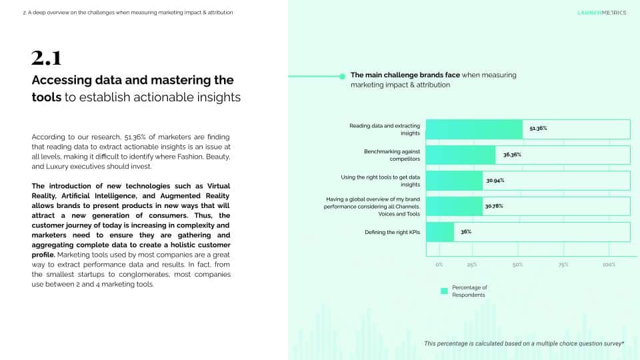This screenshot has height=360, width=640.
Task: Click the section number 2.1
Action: tap(46, 59)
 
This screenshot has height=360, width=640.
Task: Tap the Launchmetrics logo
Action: tap(601, 13)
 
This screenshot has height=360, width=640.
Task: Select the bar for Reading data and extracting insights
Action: tap(474, 129)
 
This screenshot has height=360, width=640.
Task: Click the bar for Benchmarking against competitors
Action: tap(461, 155)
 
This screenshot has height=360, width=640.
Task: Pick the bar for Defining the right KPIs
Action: tap(440, 232)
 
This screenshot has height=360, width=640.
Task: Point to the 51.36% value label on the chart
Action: tap(538, 128)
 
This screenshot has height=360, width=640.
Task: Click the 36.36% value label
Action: tap(512, 155)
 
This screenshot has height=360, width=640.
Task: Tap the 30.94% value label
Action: tap(495, 181)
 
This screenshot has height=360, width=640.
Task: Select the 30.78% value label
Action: tap(494, 206)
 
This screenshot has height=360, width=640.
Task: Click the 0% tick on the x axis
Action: tap(439, 265)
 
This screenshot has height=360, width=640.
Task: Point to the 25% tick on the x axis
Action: tap(472, 265)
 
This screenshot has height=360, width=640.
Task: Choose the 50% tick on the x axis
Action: tap(517, 265)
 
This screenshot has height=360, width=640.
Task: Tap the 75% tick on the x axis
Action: tap(563, 265)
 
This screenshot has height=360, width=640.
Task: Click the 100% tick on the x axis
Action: tap(609, 265)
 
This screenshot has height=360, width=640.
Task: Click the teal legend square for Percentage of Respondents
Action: tap(444, 291)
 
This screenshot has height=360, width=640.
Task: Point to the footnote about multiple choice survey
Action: tap(524, 343)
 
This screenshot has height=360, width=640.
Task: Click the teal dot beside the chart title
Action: tap(343, 77)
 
